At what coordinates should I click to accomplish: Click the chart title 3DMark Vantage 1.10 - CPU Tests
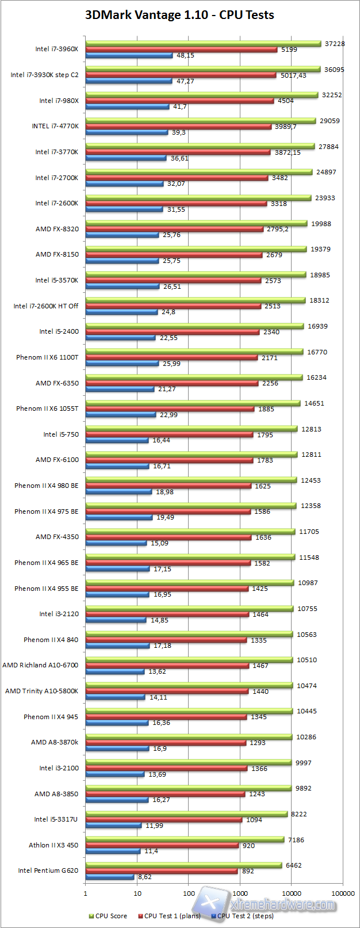coord(179,16)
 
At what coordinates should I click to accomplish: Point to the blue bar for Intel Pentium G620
coord(110,877)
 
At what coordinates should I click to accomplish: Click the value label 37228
coord(335,44)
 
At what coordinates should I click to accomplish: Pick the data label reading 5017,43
coord(293,75)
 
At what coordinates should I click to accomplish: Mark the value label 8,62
coord(145,877)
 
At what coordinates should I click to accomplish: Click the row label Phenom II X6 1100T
coord(47,357)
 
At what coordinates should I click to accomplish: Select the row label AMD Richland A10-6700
coord(40,665)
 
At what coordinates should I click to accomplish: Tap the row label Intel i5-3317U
coord(56,819)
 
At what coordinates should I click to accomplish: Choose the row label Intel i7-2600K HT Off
coord(46,306)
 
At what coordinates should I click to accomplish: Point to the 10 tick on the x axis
coord(137,893)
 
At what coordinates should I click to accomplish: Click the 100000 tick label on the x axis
coord(343,893)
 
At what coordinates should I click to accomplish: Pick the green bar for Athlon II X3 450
coord(185,840)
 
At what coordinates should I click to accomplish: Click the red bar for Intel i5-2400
coord(172,332)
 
